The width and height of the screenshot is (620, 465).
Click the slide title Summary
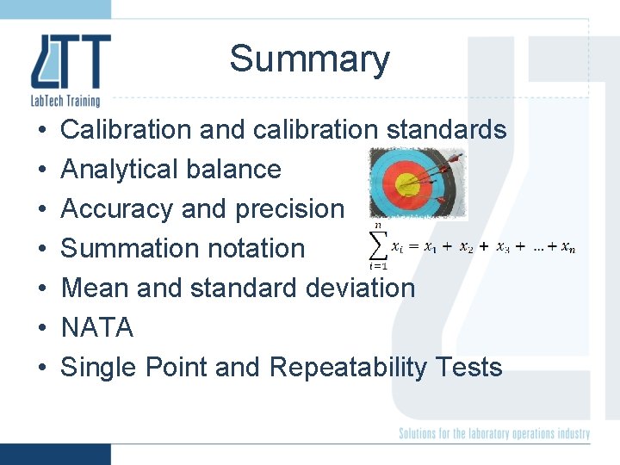click(309, 59)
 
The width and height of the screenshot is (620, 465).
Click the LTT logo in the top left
click(71, 62)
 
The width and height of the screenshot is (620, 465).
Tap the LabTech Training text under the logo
click(65, 102)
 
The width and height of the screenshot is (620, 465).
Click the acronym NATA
click(97, 328)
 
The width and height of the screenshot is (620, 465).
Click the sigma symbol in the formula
click(378, 246)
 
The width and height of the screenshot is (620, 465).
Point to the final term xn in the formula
click(568, 248)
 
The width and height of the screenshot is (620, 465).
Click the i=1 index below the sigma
click(378, 266)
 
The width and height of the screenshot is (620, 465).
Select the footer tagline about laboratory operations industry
click(493, 433)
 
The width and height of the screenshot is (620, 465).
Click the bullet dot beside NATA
click(42, 328)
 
